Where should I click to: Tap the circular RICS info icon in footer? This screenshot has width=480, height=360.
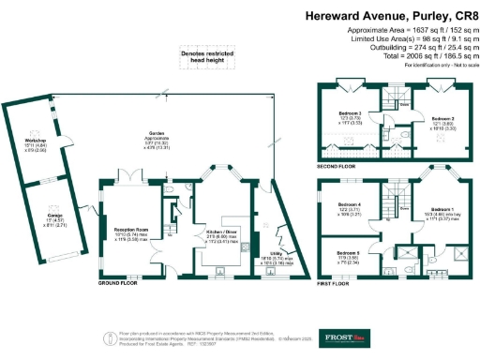point(102,334)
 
